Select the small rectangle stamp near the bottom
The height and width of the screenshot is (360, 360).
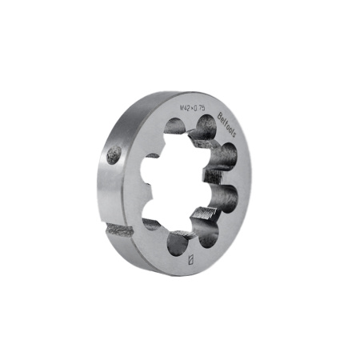point(189,259)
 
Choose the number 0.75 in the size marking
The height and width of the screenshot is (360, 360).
point(200,109)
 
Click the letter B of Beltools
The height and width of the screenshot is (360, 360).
point(220,117)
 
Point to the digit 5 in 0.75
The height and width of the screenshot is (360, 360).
point(206,110)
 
